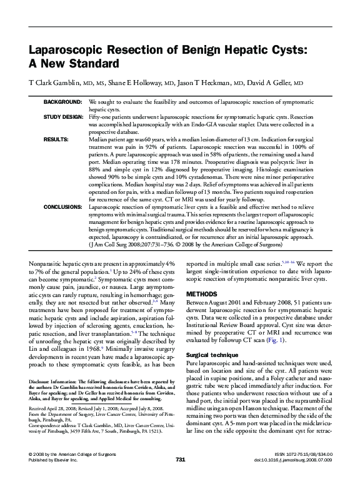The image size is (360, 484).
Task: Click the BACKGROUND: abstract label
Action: tap(62, 101)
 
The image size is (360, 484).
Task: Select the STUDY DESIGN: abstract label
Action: tap(62, 117)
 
